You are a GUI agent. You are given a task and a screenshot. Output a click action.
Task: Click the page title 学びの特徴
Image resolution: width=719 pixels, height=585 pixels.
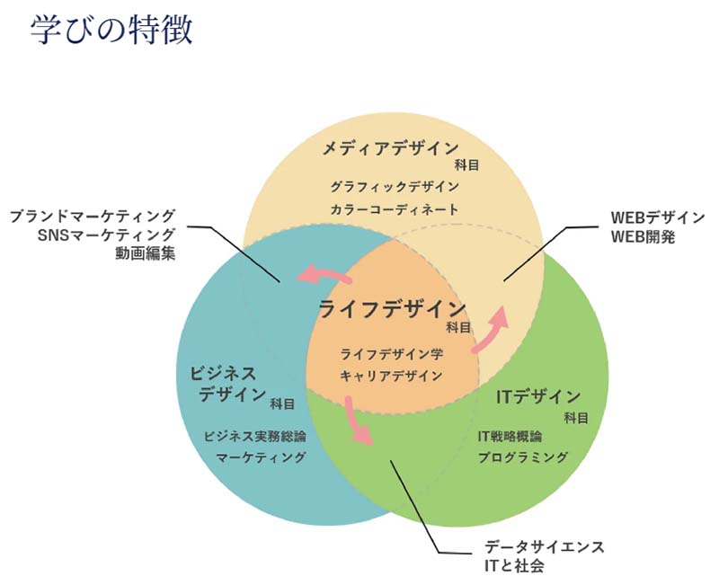click(111, 30)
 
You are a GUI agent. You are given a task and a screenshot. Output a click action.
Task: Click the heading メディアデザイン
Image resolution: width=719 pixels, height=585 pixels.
click(391, 148)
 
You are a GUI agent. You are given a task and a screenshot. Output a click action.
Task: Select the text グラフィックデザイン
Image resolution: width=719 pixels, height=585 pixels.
click(395, 187)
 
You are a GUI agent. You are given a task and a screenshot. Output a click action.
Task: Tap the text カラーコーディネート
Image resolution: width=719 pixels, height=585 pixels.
click(395, 209)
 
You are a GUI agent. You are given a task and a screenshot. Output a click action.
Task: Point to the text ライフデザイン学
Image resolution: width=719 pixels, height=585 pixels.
click(392, 353)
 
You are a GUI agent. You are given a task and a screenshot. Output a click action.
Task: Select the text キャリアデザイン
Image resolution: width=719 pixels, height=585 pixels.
click(392, 376)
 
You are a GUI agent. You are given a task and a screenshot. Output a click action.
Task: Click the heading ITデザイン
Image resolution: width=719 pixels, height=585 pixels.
click(538, 396)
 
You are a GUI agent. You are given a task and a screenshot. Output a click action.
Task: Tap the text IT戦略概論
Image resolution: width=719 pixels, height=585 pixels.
click(510, 436)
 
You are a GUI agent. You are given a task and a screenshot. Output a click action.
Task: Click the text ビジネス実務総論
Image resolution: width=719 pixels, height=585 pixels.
click(255, 436)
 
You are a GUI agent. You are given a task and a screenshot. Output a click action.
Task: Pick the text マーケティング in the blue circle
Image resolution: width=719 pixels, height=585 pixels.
click(261, 457)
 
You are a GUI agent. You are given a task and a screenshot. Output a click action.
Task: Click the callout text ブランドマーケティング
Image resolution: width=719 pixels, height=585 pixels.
click(93, 217)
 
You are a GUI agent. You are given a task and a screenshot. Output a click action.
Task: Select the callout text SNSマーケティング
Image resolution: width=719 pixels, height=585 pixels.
click(107, 235)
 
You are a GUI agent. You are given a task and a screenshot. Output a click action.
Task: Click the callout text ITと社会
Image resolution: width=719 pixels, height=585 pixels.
click(514, 566)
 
